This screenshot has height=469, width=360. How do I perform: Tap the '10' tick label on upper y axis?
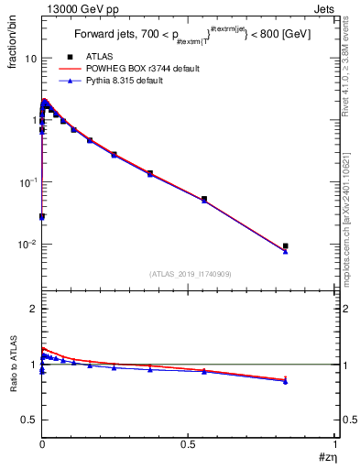click(x=29, y=59)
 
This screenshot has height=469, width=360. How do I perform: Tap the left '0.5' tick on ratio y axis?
click(x=28, y=420)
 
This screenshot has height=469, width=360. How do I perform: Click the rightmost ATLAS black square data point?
click(x=286, y=245)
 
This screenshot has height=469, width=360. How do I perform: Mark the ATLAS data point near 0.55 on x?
click(x=204, y=199)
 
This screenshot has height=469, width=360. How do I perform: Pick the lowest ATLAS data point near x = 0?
click(x=41, y=217)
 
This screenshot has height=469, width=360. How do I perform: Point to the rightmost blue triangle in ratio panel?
click(x=286, y=382)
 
